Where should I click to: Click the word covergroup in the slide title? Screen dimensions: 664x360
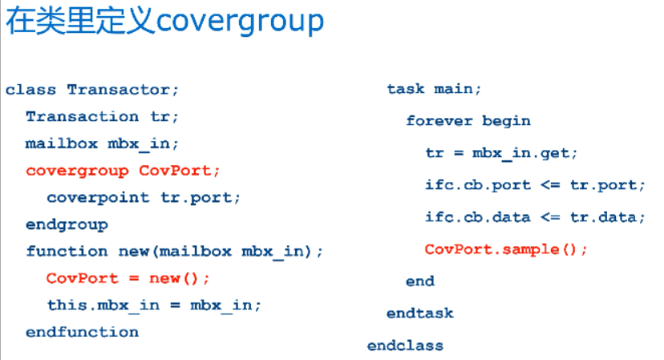(241, 22)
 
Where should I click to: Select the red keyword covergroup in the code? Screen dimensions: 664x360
(77, 171)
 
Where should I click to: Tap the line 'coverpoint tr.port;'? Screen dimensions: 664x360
(144, 197)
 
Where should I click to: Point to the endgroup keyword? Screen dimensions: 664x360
(67, 224)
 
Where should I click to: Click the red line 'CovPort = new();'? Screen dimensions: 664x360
(128, 278)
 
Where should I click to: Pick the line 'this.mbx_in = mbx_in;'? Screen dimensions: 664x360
(154, 305)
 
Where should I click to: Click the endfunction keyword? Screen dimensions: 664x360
(82, 332)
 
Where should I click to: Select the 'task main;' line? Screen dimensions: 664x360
(434, 89)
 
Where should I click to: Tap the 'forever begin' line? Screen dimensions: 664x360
(468, 121)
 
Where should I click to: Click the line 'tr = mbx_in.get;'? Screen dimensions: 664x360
(501, 152)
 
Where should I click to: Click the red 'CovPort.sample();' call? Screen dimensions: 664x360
(506, 249)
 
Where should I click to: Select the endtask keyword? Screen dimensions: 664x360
(419, 313)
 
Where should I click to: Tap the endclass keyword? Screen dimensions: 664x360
(405, 346)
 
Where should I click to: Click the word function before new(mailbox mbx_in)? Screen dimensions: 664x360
(67, 251)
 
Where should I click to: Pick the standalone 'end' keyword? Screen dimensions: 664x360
(419, 281)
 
